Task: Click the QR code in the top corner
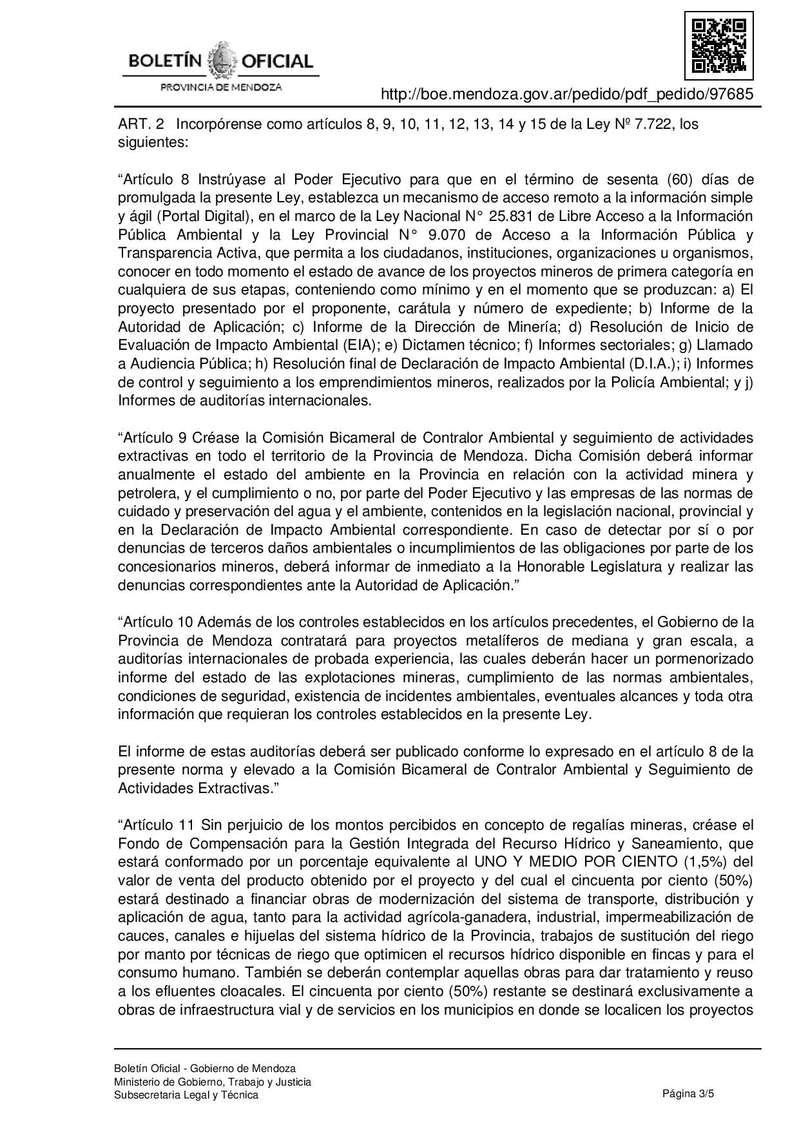coord(718,46)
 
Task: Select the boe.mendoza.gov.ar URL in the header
coord(566,94)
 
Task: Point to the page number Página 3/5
coord(688,1093)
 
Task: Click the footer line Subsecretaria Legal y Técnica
coord(186,1095)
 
